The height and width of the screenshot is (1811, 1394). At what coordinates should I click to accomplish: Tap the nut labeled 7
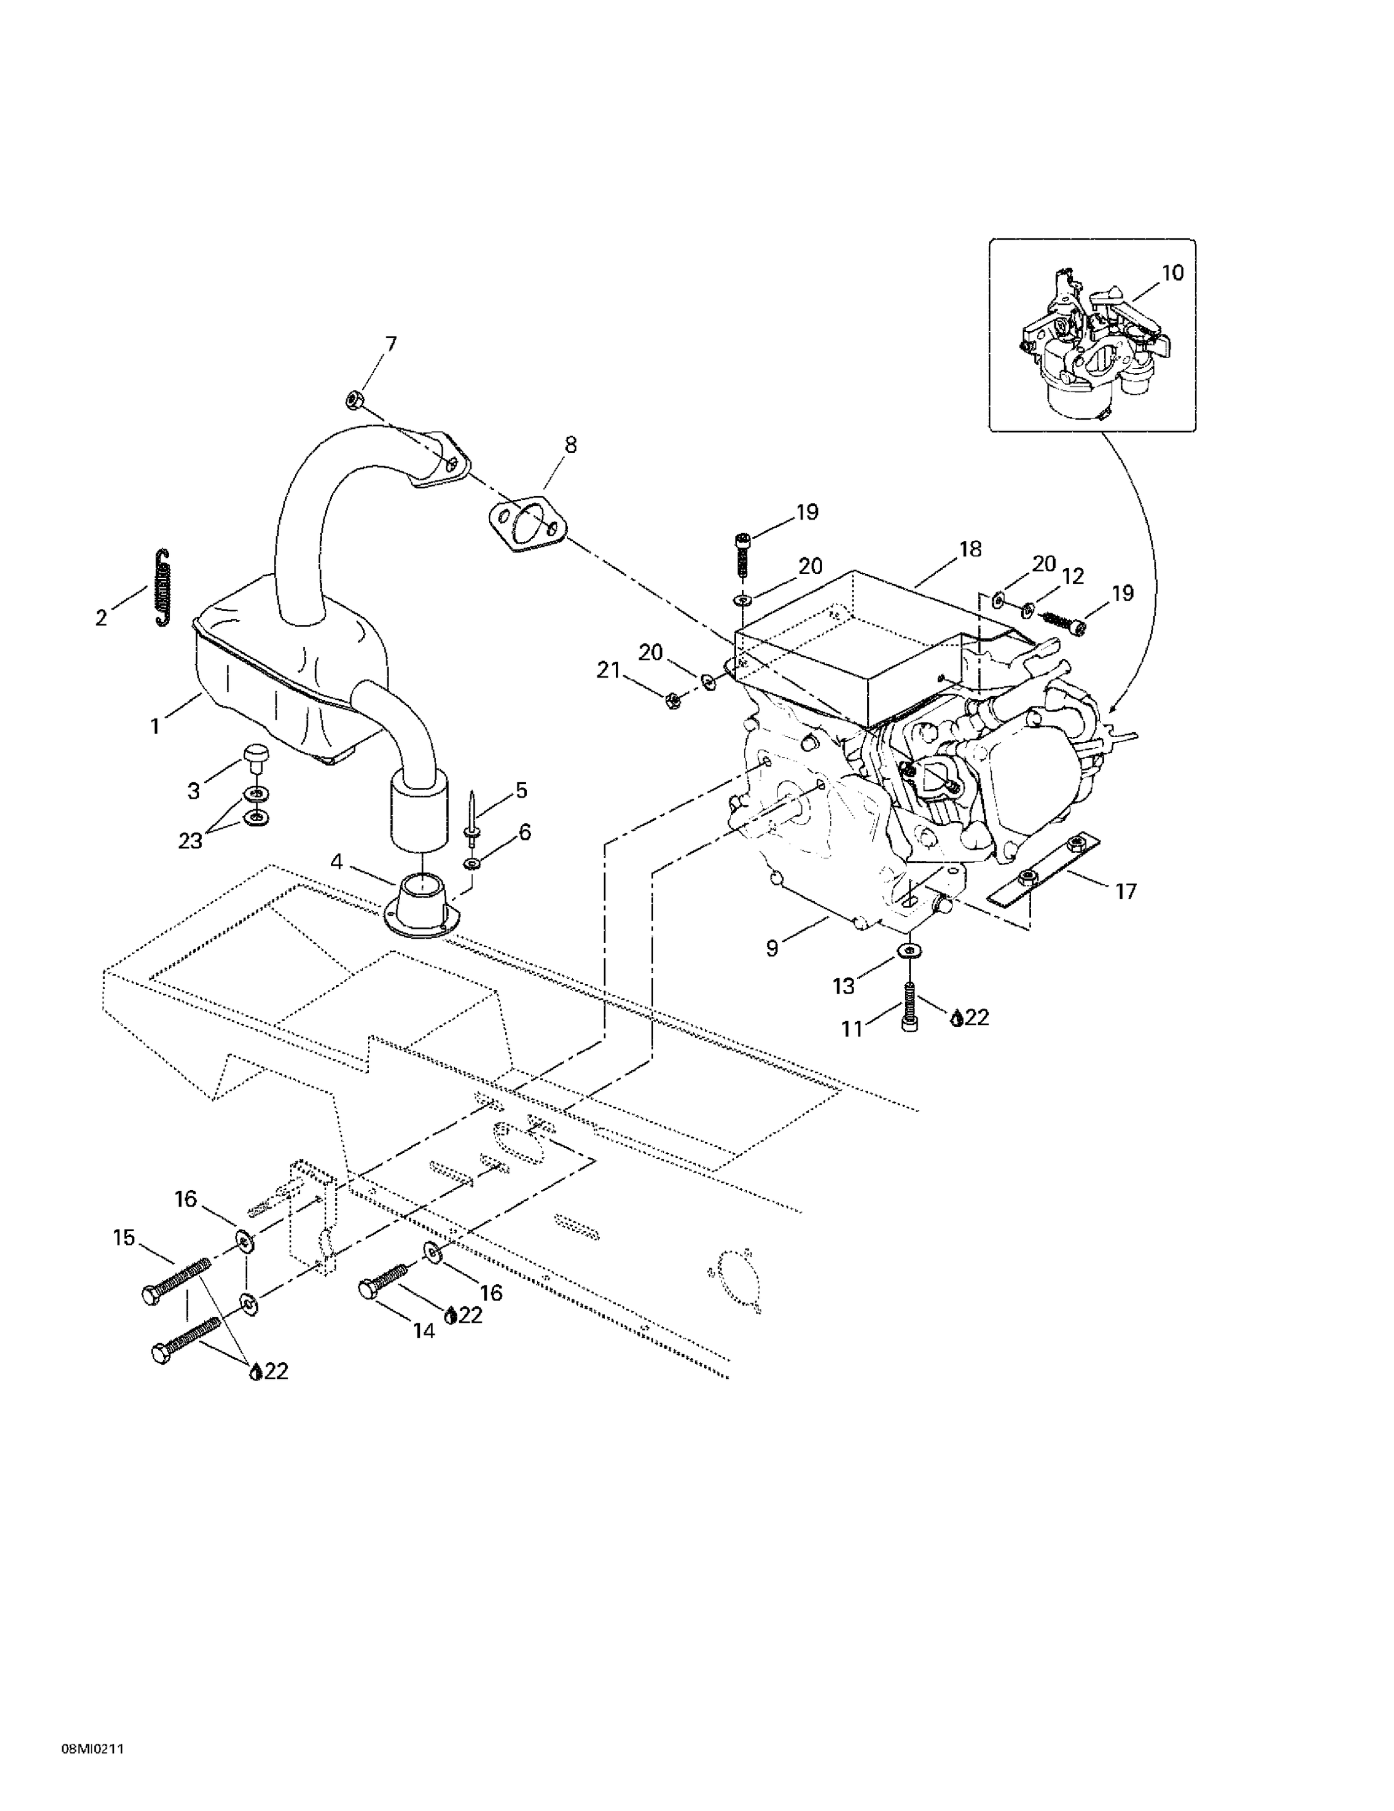[x=352, y=400]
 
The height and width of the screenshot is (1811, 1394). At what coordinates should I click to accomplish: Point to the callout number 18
[x=970, y=549]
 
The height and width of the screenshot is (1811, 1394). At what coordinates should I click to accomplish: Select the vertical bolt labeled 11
[x=908, y=1005]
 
